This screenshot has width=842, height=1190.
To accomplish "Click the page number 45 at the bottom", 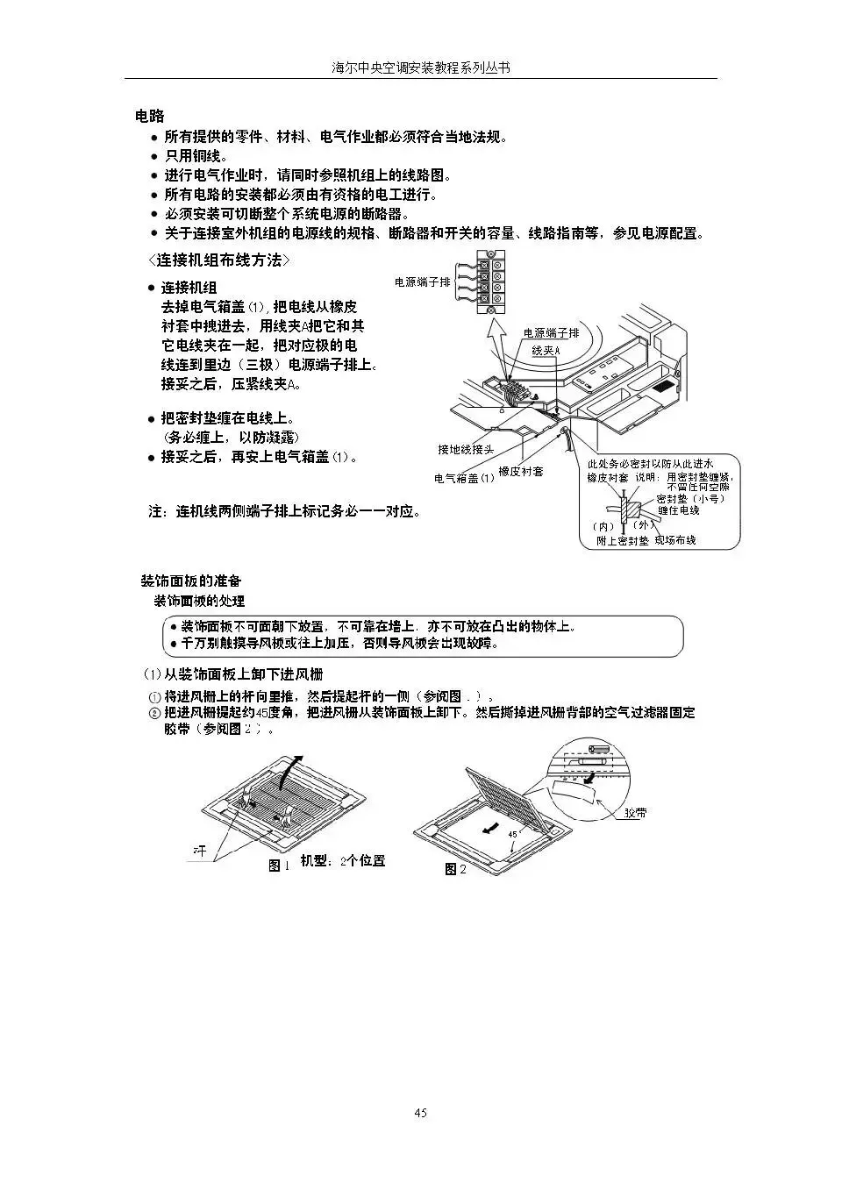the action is (x=420, y=1113).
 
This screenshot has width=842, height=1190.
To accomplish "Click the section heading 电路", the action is (x=150, y=116).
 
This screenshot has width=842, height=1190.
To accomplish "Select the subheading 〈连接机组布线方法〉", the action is (x=218, y=260).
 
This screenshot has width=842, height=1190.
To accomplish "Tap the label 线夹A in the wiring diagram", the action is (x=546, y=351).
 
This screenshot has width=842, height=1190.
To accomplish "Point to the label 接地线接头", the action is (x=466, y=450).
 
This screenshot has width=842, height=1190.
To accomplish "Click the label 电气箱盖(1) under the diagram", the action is (x=464, y=479).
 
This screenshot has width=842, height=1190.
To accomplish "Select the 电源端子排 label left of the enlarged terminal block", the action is (x=422, y=282).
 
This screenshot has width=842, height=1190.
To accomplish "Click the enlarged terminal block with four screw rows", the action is (x=490, y=281).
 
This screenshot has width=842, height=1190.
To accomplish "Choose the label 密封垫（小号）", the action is (x=690, y=498).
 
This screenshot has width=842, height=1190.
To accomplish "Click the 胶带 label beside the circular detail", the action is (x=636, y=813).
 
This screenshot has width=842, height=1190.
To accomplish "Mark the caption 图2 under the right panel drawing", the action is (x=455, y=869).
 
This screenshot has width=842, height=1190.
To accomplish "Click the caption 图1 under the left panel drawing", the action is (x=278, y=866).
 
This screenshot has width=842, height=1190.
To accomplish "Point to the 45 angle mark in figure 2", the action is (x=512, y=833).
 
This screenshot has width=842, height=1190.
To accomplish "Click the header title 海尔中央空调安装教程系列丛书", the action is (x=420, y=68).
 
